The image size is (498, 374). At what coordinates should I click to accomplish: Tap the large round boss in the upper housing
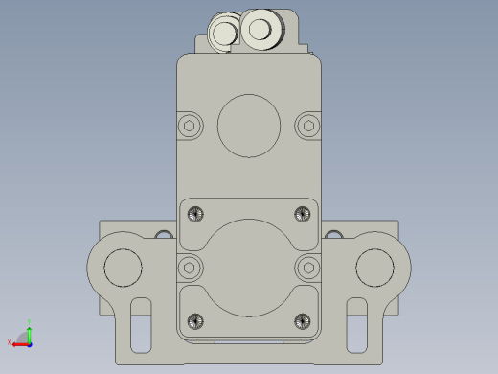coord(249,125)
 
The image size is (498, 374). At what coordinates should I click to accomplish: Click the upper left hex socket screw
coord(191,125)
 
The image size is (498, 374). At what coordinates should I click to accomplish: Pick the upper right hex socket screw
coord(307,125)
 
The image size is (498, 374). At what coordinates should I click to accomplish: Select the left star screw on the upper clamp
coord(196,213)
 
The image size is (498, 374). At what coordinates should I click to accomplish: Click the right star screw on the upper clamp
coord(303,213)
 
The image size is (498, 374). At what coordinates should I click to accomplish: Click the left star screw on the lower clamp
coord(196,319)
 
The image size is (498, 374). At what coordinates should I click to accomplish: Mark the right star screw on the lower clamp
coord(303,319)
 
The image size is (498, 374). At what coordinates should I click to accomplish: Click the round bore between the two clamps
coord(249,266)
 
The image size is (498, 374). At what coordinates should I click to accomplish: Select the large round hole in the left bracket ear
coord(122,267)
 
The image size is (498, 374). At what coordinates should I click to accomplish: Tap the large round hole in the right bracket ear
coord(374,267)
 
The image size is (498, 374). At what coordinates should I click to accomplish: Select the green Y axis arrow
coord(30,332)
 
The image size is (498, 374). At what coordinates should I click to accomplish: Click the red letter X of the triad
coord(10,342)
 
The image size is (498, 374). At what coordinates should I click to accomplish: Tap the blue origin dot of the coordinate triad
coord(30,342)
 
